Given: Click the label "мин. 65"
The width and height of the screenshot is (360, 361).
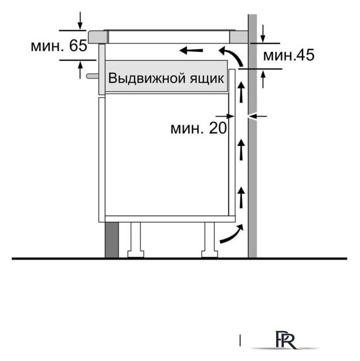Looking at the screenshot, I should coord(59,46).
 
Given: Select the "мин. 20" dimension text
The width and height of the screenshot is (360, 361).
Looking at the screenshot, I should coord(198,129).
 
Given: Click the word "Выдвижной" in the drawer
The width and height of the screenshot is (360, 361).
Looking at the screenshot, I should coord(145,78).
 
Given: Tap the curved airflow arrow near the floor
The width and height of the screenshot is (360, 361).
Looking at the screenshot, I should coord(232,234).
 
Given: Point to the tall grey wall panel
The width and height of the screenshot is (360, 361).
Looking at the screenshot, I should coord(253,169).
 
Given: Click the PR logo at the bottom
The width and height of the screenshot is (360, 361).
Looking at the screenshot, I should coord(282,341).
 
